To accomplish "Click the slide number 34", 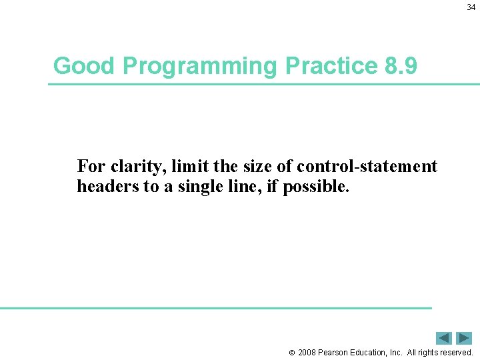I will coord(471,7).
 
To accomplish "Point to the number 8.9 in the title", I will coord(401,66).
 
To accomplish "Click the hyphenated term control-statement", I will coord(367,166).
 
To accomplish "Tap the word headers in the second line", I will coord(107,187).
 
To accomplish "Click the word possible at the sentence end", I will coord(316,187).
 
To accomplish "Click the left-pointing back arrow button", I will coord(443,338).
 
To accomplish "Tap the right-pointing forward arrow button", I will coord(464,338).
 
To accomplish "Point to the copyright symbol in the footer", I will coord(291,353).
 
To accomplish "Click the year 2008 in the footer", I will coord(307,353).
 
